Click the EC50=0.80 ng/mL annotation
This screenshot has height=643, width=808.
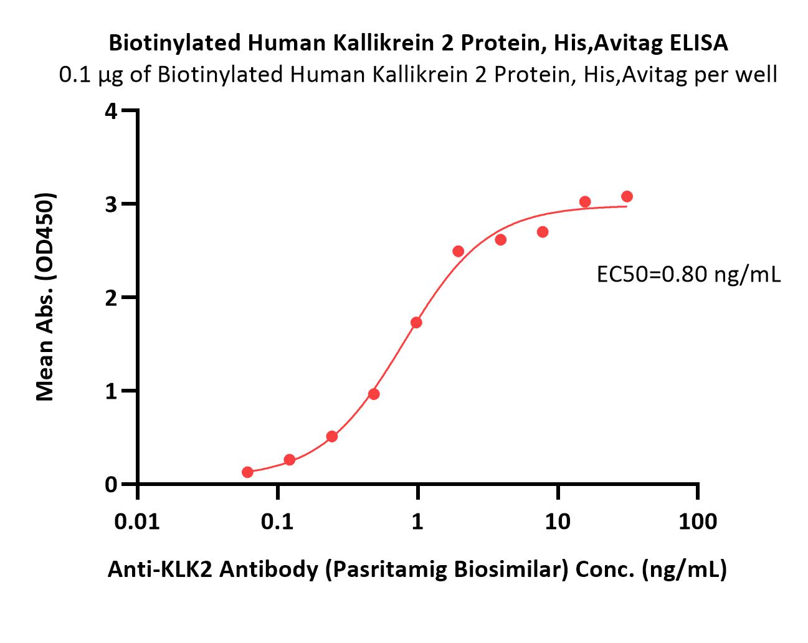(x=688, y=275)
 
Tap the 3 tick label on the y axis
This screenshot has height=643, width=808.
(x=111, y=204)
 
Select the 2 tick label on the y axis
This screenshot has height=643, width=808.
(x=111, y=298)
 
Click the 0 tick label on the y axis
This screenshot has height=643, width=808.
(x=111, y=485)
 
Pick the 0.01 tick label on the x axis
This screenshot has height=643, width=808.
(x=137, y=522)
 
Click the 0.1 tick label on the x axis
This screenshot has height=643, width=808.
(x=277, y=522)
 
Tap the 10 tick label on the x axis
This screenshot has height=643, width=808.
(x=558, y=522)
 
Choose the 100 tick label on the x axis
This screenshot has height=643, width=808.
(x=698, y=522)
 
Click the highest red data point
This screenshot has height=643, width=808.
(x=627, y=196)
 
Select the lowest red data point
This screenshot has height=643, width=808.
(x=247, y=472)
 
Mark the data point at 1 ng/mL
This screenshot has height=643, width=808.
(x=416, y=322)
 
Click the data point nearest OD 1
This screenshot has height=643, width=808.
(x=374, y=394)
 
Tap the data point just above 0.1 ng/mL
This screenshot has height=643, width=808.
(x=290, y=460)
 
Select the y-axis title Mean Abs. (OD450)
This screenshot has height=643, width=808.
(x=45, y=297)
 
